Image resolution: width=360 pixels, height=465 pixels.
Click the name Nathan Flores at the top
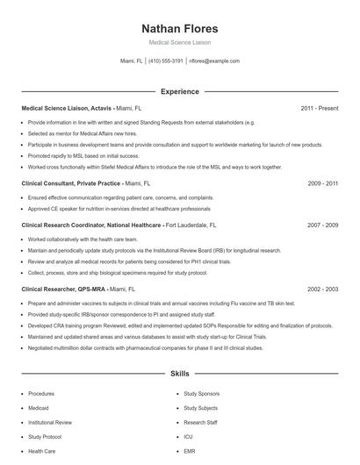179,29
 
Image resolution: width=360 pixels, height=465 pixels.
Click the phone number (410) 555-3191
166,61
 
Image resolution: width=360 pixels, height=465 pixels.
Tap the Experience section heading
179,91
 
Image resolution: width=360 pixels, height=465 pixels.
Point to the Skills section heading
179,373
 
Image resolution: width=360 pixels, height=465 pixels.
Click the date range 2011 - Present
319,109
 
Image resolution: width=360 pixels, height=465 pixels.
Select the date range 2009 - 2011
322,184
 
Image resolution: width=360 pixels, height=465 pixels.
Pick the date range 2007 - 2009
322,225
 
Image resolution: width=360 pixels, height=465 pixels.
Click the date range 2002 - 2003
322,288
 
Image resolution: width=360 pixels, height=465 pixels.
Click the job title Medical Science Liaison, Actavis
67,109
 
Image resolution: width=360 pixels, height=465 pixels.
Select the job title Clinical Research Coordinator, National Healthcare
91,225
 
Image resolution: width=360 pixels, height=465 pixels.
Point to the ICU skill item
188,436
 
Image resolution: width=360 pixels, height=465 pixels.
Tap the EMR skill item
189,451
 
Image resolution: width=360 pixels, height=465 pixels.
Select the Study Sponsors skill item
201,394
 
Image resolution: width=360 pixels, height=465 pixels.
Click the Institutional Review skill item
51,422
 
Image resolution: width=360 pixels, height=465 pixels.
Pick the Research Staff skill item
200,422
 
